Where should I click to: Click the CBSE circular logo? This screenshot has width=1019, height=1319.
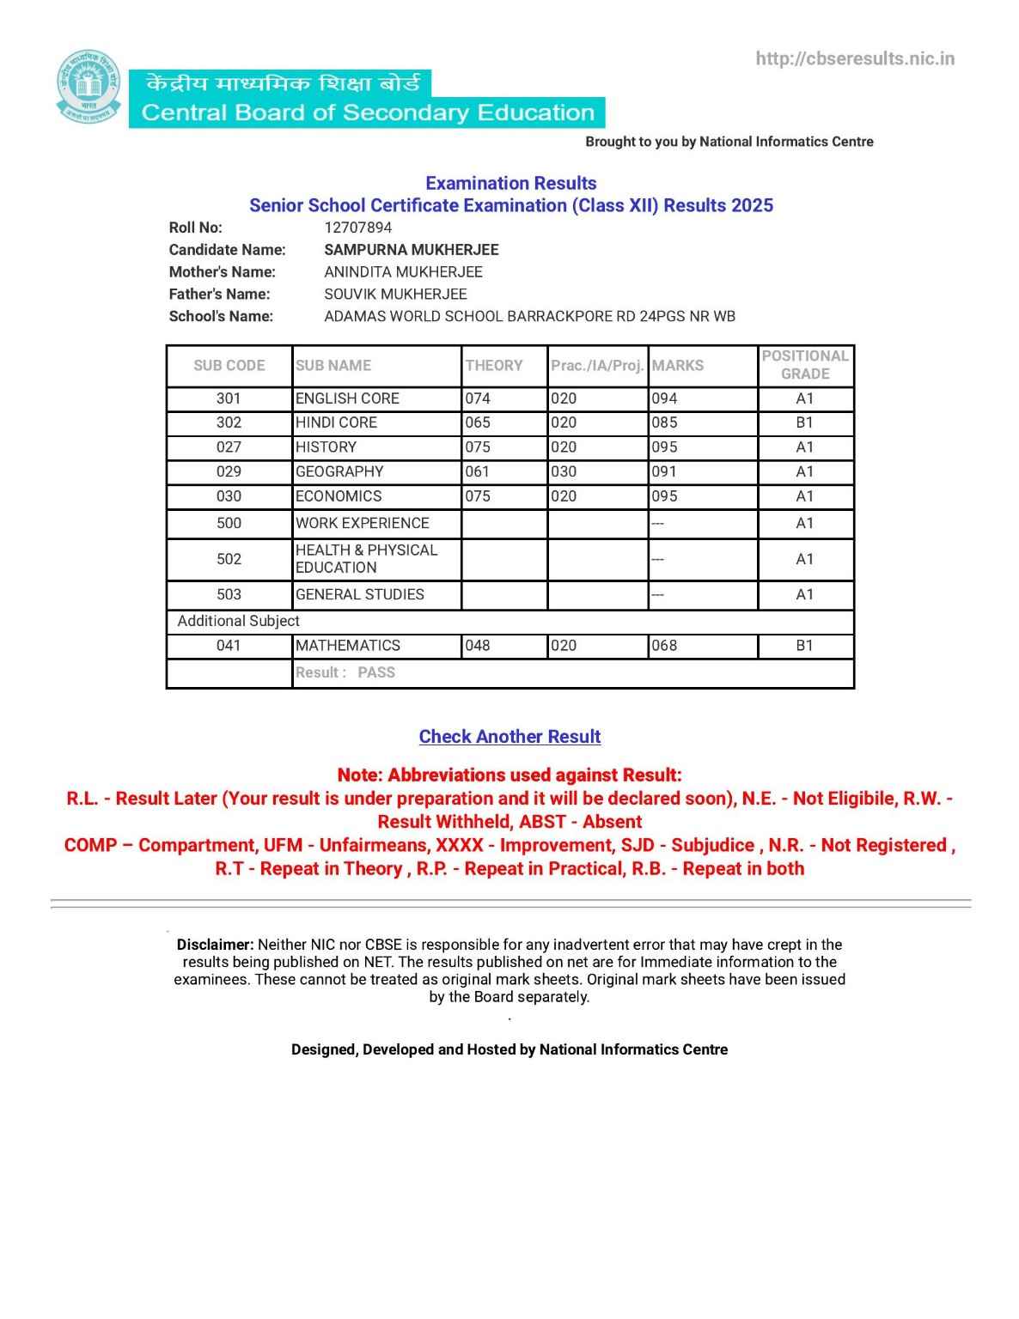[89, 88]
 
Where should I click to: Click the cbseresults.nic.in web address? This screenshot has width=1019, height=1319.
[855, 58]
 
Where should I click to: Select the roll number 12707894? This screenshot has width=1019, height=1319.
[357, 228]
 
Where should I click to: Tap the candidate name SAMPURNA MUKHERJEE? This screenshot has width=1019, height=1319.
[411, 250]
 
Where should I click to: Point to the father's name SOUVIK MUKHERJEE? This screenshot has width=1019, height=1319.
[395, 294]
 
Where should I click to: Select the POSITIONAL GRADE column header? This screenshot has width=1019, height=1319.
[805, 365]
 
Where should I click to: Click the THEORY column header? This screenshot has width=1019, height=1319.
[494, 365]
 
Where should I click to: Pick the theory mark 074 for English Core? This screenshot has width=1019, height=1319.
[478, 398]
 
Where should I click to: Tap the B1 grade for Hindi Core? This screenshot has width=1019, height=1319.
[804, 422]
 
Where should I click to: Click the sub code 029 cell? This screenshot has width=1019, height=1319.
[229, 471]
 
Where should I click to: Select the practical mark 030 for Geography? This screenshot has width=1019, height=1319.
[564, 471]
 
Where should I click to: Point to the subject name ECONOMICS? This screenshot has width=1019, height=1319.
[339, 496]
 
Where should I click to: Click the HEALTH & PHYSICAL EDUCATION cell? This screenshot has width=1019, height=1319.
[366, 559]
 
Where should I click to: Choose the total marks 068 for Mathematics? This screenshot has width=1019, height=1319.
[664, 646]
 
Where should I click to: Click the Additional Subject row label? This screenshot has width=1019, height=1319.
[238, 621]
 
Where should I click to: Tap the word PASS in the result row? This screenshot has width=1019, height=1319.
[376, 672]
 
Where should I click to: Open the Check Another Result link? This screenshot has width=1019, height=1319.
[509, 737]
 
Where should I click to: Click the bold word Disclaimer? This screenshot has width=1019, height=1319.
[215, 945]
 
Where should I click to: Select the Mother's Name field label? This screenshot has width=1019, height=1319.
[222, 272]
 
